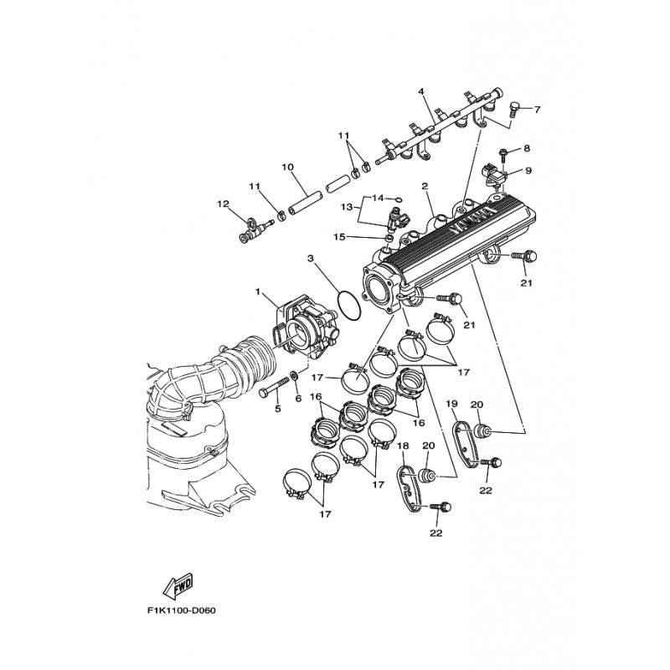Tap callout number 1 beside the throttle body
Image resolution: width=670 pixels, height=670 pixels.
point(260,294)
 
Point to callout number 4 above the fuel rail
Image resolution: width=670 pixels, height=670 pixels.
point(421,91)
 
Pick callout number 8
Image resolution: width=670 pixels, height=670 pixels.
point(527,148)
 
